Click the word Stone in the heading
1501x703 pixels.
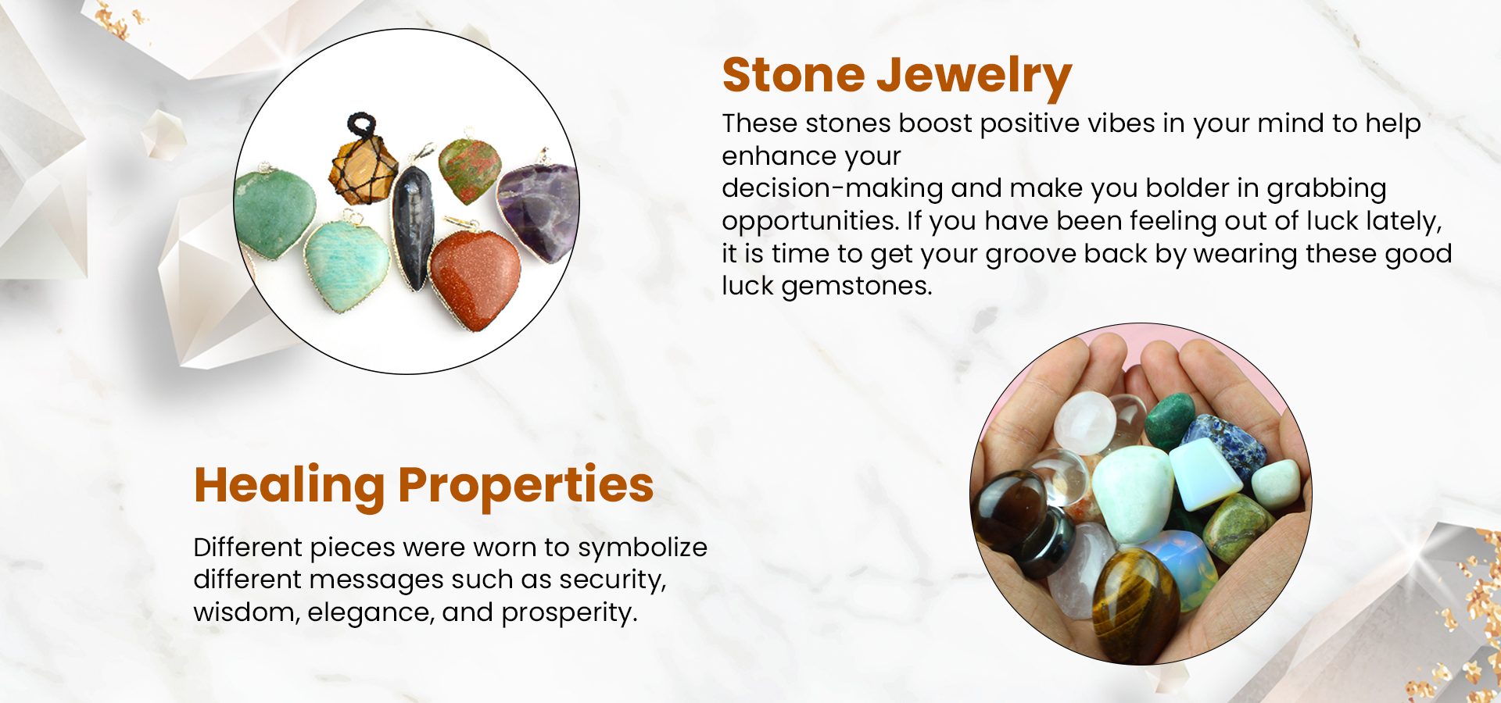point(793,75)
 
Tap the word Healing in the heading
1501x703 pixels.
point(289,486)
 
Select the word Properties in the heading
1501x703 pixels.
point(525,486)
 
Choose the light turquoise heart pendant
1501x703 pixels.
point(346,262)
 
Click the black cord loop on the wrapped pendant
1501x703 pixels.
point(363,125)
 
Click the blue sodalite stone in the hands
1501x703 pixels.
point(1224,446)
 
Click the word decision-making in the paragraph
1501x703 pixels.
point(833,189)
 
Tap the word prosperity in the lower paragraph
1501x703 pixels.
point(569,613)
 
